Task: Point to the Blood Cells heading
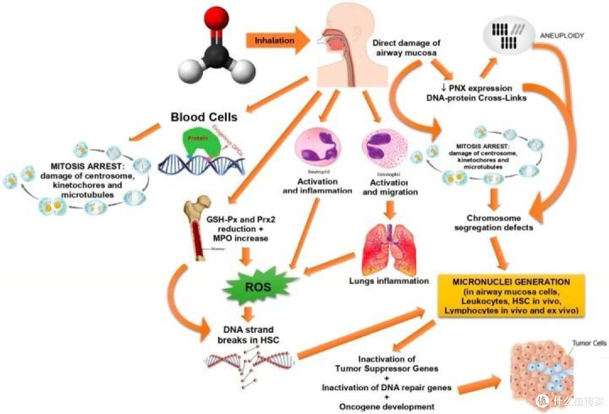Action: click(x=204, y=118)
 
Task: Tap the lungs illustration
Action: click(x=389, y=248)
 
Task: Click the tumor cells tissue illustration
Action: click(x=546, y=375)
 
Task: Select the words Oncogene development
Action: click(x=386, y=406)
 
